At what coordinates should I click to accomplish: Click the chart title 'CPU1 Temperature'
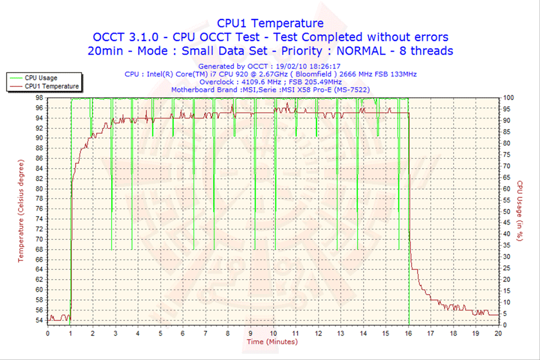270,23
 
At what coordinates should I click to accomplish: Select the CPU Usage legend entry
40,77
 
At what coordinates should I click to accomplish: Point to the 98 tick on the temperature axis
38,97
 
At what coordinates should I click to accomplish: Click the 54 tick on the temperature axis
38,320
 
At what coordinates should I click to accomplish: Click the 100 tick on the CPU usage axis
508,97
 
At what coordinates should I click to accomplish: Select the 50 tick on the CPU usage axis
506,211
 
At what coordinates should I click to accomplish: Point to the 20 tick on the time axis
499,333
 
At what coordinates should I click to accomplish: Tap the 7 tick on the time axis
206,333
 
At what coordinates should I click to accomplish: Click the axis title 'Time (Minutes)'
271,342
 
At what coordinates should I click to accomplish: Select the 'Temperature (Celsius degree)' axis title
22,210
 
